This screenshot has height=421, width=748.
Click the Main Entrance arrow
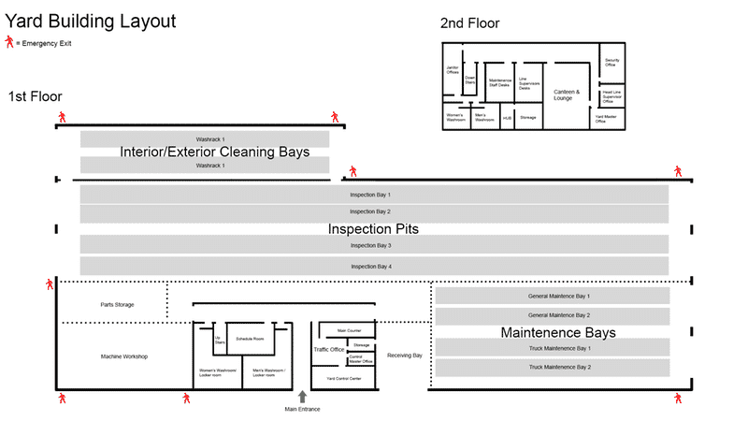(302, 398)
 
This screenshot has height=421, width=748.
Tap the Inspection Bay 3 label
(370, 245)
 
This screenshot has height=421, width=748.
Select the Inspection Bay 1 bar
(374, 195)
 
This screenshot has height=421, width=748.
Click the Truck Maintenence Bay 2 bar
(559, 367)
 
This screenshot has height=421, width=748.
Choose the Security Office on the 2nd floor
(611, 64)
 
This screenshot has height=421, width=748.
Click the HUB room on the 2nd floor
(507, 118)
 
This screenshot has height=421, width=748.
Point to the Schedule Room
(250, 338)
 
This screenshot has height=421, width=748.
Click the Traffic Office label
(329, 349)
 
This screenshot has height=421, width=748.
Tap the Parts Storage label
(118, 304)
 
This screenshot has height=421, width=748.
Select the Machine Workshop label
(123, 356)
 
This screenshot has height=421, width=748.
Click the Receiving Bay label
(405, 356)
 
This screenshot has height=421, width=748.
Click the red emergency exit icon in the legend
(9, 42)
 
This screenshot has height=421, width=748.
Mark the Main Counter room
(348, 330)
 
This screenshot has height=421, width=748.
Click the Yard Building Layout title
(90, 20)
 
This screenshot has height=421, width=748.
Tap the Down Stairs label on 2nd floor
(470, 81)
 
